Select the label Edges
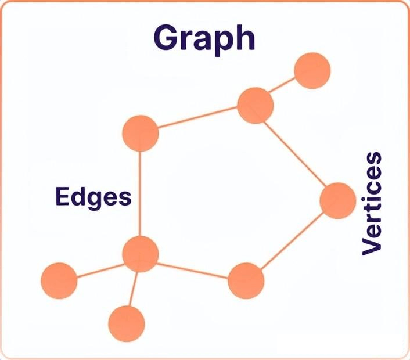[x=93, y=197]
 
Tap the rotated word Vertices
[x=372, y=203]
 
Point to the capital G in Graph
[x=167, y=37]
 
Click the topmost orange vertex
[x=312, y=70]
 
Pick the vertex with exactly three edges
[x=255, y=106]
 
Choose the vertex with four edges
[x=141, y=254]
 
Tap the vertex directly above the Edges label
[x=141, y=133]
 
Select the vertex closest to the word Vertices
[x=337, y=200]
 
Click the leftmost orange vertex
[x=59, y=280]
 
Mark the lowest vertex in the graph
[x=126, y=323]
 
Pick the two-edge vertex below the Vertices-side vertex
[x=246, y=280]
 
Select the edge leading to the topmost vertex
[x=284, y=88]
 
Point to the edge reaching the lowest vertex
[x=133, y=289]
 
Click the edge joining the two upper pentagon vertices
[x=197, y=120]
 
